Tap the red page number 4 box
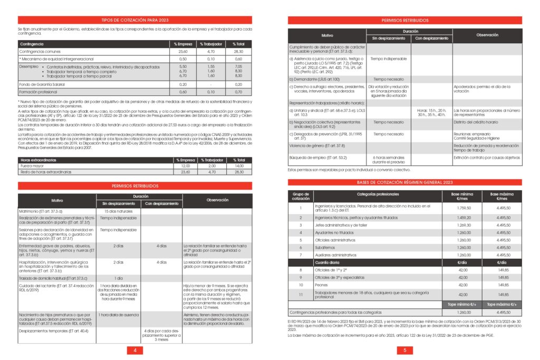point(135,351)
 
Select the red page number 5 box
point(404,351)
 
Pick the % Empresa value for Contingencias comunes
point(184,52)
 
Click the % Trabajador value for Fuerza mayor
point(212,166)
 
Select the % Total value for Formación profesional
point(238,92)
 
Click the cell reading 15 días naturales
point(118,211)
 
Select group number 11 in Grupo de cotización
point(301,295)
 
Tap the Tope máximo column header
point(496,304)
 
